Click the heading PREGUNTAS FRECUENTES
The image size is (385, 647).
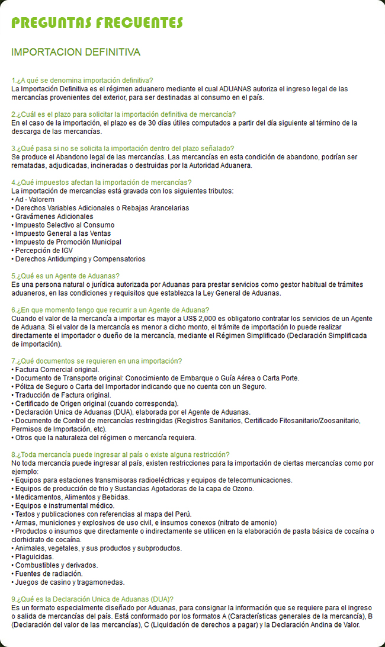[x=97, y=23]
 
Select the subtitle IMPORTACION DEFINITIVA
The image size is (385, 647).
[x=76, y=53]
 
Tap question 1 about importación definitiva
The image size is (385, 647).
[x=82, y=80]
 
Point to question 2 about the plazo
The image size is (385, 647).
[x=123, y=114]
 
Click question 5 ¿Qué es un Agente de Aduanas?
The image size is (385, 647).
[x=66, y=276]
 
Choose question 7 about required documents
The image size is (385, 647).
[x=97, y=361]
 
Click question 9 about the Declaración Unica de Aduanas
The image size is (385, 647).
[x=92, y=600]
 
